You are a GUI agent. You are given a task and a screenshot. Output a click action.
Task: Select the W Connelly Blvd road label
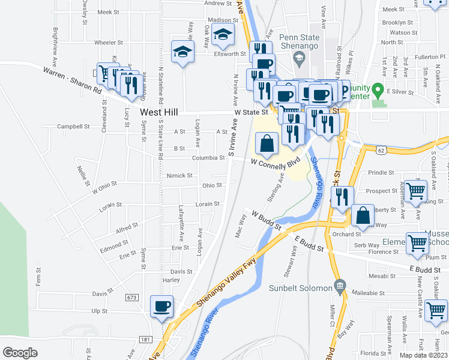(275, 162)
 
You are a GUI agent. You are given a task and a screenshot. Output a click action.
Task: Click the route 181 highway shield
(145, 340)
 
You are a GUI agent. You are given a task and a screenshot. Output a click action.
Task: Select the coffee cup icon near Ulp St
(161, 307)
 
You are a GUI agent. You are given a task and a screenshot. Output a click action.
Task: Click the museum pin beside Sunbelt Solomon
(340, 285)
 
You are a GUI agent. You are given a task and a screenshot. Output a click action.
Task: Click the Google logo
(20, 352)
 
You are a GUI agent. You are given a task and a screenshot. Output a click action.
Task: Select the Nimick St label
(180, 176)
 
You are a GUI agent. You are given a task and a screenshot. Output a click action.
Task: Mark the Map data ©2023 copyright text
(423, 355)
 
